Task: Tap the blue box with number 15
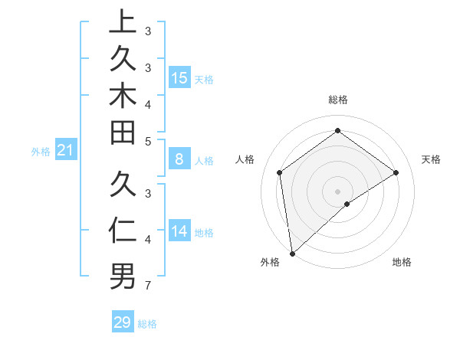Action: (179, 77)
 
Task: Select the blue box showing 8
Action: (179, 159)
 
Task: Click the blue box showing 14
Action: (179, 231)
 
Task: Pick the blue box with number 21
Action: (65, 151)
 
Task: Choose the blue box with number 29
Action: (123, 322)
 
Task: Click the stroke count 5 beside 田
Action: (148, 141)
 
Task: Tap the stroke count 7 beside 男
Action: (148, 286)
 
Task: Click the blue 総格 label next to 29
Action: (147, 324)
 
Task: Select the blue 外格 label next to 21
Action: (41, 152)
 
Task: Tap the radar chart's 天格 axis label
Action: (431, 159)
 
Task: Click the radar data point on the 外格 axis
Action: (292, 253)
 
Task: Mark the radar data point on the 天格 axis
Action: (396, 172)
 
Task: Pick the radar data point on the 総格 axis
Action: (338, 130)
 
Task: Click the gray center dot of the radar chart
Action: (338, 191)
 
